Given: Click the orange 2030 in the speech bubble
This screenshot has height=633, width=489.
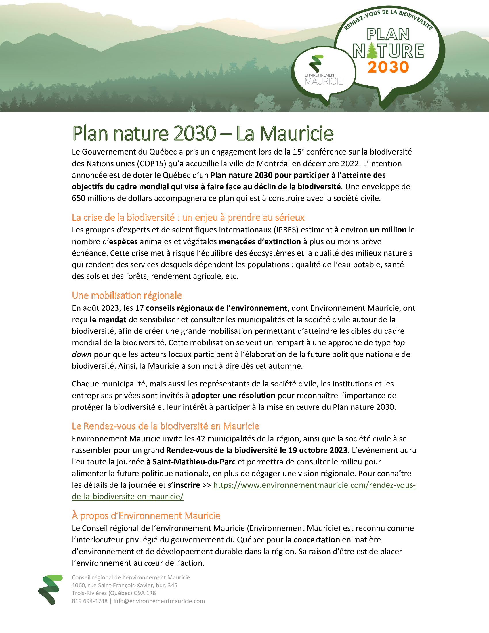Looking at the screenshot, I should pyautogui.click(x=388, y=67).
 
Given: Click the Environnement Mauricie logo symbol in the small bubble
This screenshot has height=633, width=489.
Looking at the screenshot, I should pyautogui.click(x=316, y=63).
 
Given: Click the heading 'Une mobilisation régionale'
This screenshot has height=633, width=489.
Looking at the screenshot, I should pyautogui.click(x=127, y=295).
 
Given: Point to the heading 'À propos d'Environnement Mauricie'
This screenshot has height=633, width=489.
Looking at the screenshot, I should pyautogui.click(x=146, y=516).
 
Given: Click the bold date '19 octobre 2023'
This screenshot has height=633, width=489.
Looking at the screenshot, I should pyautogui.click(x=318, y=450).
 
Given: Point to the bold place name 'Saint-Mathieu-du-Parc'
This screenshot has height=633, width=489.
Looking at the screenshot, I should pyautogui.click(x=194, y=462).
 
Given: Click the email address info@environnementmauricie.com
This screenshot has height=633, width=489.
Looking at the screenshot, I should pyautogui.click(x=159, y=601).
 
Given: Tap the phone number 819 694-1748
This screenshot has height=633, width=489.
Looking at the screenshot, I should pyautogui.click(x=89, y=601).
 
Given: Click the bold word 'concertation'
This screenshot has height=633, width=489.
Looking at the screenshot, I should pyautogui.click(x=317, y=540).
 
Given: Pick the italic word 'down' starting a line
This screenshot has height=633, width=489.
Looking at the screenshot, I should pyautogui.click(x=82, y=354).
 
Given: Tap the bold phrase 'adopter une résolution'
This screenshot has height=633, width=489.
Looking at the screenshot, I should pyautogui.click(x=233, y=396).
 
